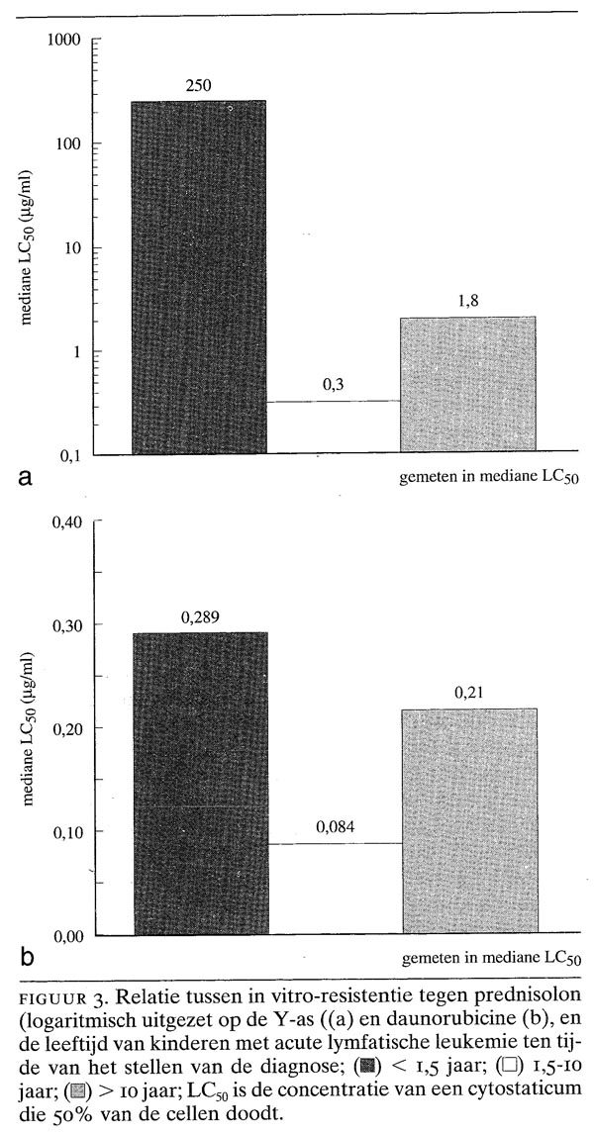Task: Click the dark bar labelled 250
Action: tap(199, 277)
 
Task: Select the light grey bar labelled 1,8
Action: tap(468, 384)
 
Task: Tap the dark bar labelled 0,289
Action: tap(200, 784)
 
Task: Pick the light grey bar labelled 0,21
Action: tap(469, 821)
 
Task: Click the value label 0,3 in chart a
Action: tap(333, 385)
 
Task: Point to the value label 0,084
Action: tap(335, 826)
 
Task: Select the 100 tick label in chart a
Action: tap(68, 143)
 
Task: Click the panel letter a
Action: tap(27, 477)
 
